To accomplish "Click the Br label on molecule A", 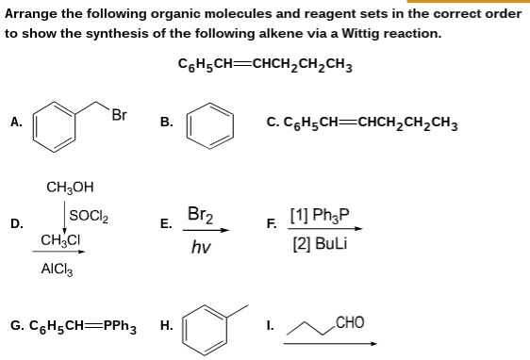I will [119, 116].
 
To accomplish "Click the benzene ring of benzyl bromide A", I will [58, 125].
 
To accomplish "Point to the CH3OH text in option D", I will [70, 186].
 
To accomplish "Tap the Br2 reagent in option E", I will [201, 215].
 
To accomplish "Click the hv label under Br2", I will [200, 247].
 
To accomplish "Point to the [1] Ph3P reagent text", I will [321, 216].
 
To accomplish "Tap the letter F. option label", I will [273, 223].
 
